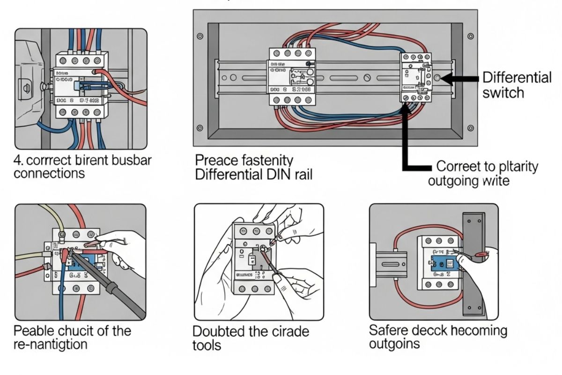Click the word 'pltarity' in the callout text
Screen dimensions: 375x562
514,166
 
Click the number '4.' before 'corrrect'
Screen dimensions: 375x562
19,160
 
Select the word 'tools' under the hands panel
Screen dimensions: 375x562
207,345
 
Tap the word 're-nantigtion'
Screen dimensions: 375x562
51,345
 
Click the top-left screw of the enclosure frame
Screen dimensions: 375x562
200,36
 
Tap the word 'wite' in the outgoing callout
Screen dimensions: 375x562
495,180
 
